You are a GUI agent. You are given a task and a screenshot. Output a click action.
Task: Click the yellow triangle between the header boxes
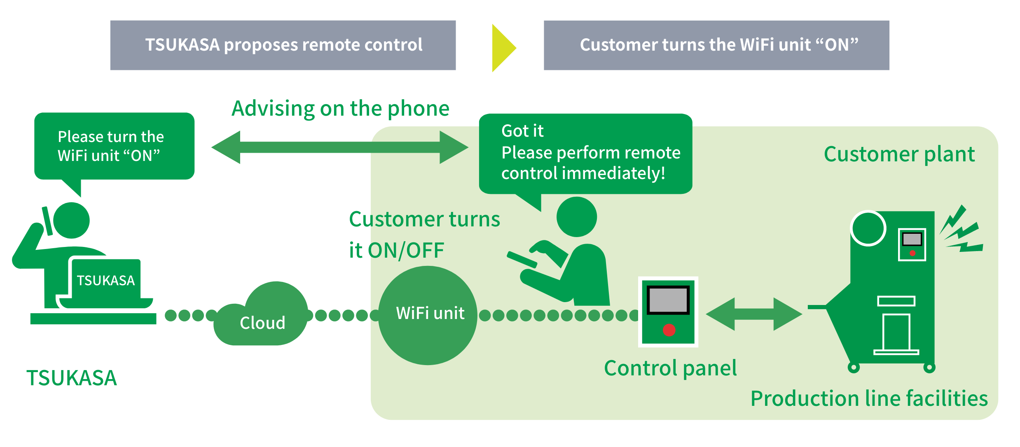503,48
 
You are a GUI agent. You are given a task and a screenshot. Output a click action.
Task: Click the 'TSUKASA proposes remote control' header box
283,45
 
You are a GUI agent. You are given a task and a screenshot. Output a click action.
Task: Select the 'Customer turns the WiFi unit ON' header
716,45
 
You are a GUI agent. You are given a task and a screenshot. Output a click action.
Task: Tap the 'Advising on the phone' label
340,109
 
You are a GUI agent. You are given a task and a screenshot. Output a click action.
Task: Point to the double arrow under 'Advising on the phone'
339,147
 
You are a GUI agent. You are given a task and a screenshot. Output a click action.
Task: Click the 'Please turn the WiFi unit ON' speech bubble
114,146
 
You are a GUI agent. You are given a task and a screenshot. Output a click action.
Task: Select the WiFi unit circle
428,315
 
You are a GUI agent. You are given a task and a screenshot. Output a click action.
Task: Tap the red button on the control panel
669,330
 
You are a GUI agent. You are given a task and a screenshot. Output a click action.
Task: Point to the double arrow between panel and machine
754,314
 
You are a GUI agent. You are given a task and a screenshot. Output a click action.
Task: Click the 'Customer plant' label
899,155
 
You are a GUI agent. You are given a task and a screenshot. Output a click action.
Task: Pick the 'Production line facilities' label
869,398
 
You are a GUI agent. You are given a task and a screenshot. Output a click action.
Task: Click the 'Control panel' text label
670,368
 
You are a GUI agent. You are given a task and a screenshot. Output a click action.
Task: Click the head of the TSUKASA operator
71,220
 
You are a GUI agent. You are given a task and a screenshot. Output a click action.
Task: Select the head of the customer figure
576,217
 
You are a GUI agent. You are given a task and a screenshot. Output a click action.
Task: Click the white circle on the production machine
868,228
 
